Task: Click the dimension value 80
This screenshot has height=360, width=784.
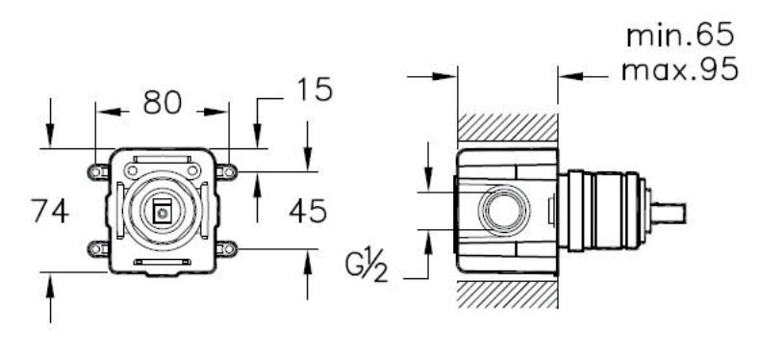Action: pyautogui.click(x=163, y=102)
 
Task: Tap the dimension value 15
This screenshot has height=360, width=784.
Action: pyautogui.click(x=315, y=90)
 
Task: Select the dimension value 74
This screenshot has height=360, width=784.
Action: pyautogui.click(x=50, y=211)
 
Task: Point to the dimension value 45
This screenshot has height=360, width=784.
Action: pyautogui.click(x=308, y=211)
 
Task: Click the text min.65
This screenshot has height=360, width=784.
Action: pyautogui.click(x=680, y=36)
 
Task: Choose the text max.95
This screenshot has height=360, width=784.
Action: pyautogui.click(x=680, y=68)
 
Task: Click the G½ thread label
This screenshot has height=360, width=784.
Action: pyautogui.click(x=367, y=268)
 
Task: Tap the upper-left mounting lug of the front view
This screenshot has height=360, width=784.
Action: pyautogui.click(x=98, y=172)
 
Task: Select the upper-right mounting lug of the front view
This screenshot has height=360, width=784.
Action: pyautogui.click(x=226, y=172)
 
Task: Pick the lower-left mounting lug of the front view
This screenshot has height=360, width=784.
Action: pyautogui.click(x=98, y=248)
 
